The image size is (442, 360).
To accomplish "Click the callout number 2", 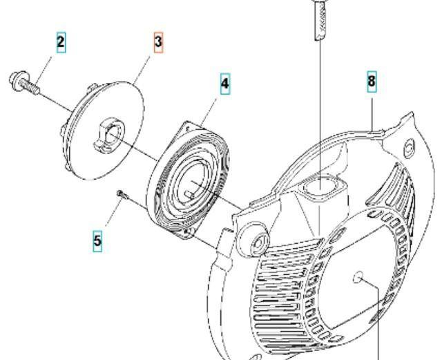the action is (61, 43).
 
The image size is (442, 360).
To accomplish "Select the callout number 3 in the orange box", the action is (158, 42).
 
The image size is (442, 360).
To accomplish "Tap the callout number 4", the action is (225, 84).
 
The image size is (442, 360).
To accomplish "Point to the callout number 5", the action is (97, 240).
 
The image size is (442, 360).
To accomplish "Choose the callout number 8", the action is (372, 82).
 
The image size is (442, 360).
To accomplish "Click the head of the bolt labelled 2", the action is (17, 79).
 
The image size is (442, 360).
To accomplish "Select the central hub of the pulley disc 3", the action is (109, 133).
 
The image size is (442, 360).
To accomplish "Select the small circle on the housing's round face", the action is (358, 277).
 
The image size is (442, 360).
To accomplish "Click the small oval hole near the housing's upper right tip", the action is (410, 148).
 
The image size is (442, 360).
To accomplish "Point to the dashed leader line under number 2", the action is (44, 71).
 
